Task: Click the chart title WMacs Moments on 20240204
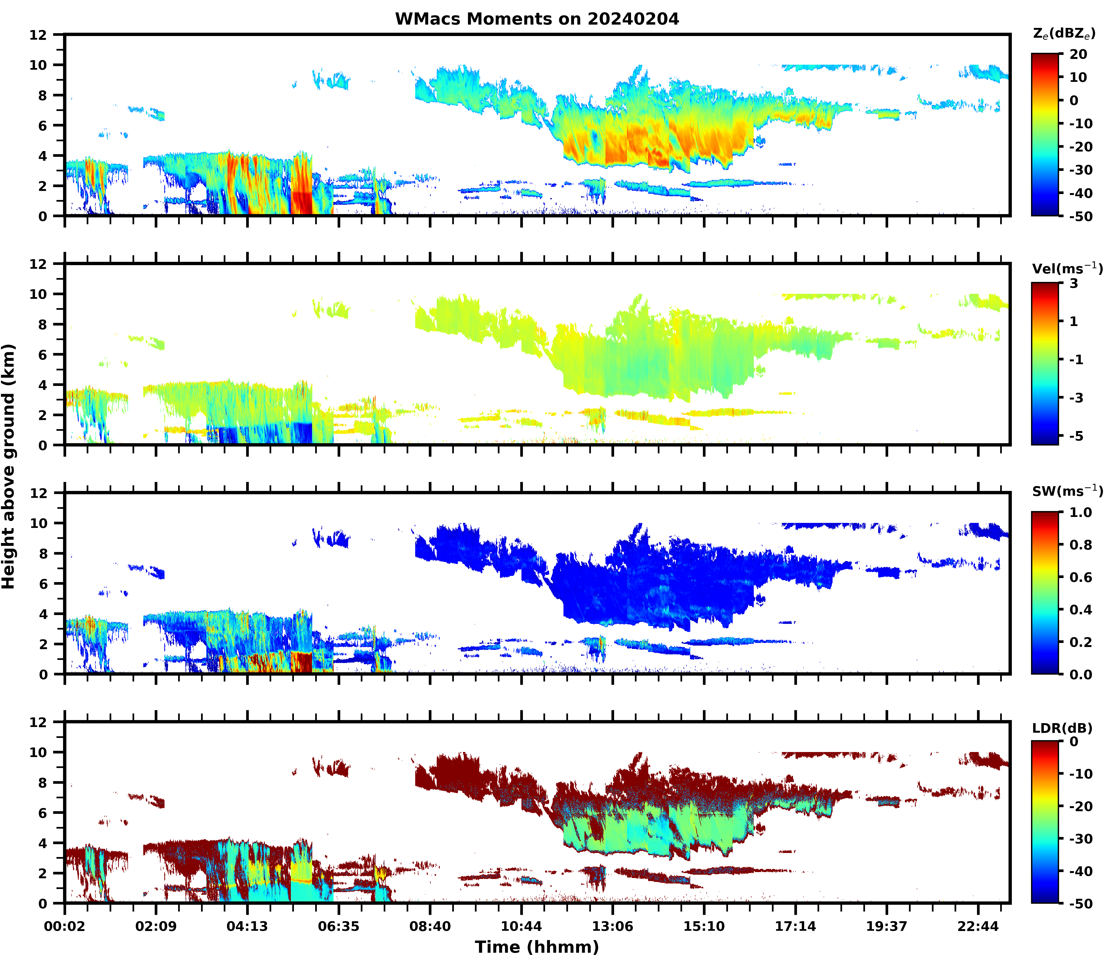pyautogui.click(x=537, y=19)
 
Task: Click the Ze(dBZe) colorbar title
pyautogui.click(x=1064, y=33)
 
